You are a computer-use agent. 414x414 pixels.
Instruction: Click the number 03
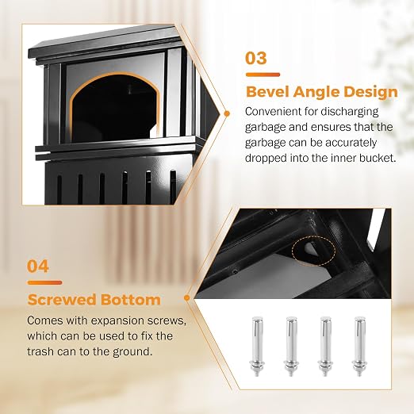[x=255, y=58]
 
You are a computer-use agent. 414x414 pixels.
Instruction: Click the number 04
[x=38, y=266]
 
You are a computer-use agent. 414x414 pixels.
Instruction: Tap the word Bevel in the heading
[x=267, y=92]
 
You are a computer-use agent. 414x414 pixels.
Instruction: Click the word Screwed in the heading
[x=62, y=300]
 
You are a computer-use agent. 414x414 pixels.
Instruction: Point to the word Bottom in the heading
[x=130, y=300]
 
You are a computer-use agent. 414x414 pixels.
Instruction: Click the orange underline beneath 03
[x=263, y=75]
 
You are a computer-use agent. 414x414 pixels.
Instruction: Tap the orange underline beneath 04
[x=45, y=282]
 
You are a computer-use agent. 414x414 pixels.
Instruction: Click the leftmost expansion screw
[x=257, y=346]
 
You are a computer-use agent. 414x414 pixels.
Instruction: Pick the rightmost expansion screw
[x=358, y=346]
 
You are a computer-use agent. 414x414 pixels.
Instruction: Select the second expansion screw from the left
[x=291, y=346]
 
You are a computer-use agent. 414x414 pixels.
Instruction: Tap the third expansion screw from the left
[x=324, y=346]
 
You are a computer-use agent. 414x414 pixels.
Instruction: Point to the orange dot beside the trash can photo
[x=227, y=113]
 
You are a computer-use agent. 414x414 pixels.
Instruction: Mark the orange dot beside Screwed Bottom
[x=187, y=298]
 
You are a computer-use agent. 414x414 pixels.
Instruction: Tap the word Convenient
[x=273, y=111]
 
